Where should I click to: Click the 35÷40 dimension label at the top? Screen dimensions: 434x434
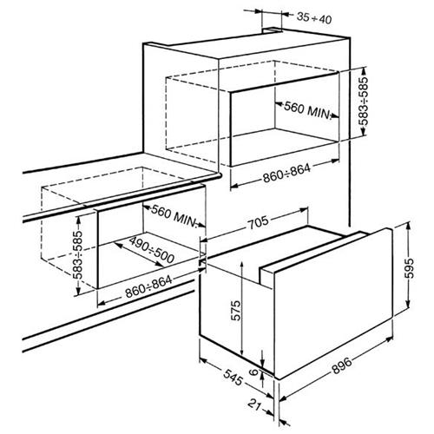[x=314, y=18]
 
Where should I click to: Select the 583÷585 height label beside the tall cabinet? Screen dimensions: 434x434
[x=364, y=101]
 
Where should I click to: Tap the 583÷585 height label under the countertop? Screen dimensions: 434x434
[x=77, y=255]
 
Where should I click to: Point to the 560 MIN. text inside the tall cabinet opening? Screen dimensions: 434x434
[x=307, y=110]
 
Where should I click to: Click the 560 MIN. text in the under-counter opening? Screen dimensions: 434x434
[x=174, y=215]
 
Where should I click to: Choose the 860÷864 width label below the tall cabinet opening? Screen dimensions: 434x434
[x=286, y=174]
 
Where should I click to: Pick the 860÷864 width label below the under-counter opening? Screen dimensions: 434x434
[x=148, y=286]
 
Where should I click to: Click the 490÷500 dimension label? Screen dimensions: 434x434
[x=151, y=250]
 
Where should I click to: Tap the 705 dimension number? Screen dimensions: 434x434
[x=259, y=222]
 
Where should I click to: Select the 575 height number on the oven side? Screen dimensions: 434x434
[x=236, y=311]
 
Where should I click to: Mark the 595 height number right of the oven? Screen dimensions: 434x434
[x=409, y=268]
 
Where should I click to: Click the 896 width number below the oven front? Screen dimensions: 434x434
[x=342, y=365]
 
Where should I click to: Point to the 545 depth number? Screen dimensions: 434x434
[x=233, y=378]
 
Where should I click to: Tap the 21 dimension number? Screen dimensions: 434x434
[x=254, y=404]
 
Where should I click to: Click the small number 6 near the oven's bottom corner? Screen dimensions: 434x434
[x=253, y=372]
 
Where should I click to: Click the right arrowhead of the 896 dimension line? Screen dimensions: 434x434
[x=389, y=339]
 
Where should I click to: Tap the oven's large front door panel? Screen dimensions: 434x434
[x=333, y=303]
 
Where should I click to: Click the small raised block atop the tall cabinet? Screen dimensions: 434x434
[x=272, y=30]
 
